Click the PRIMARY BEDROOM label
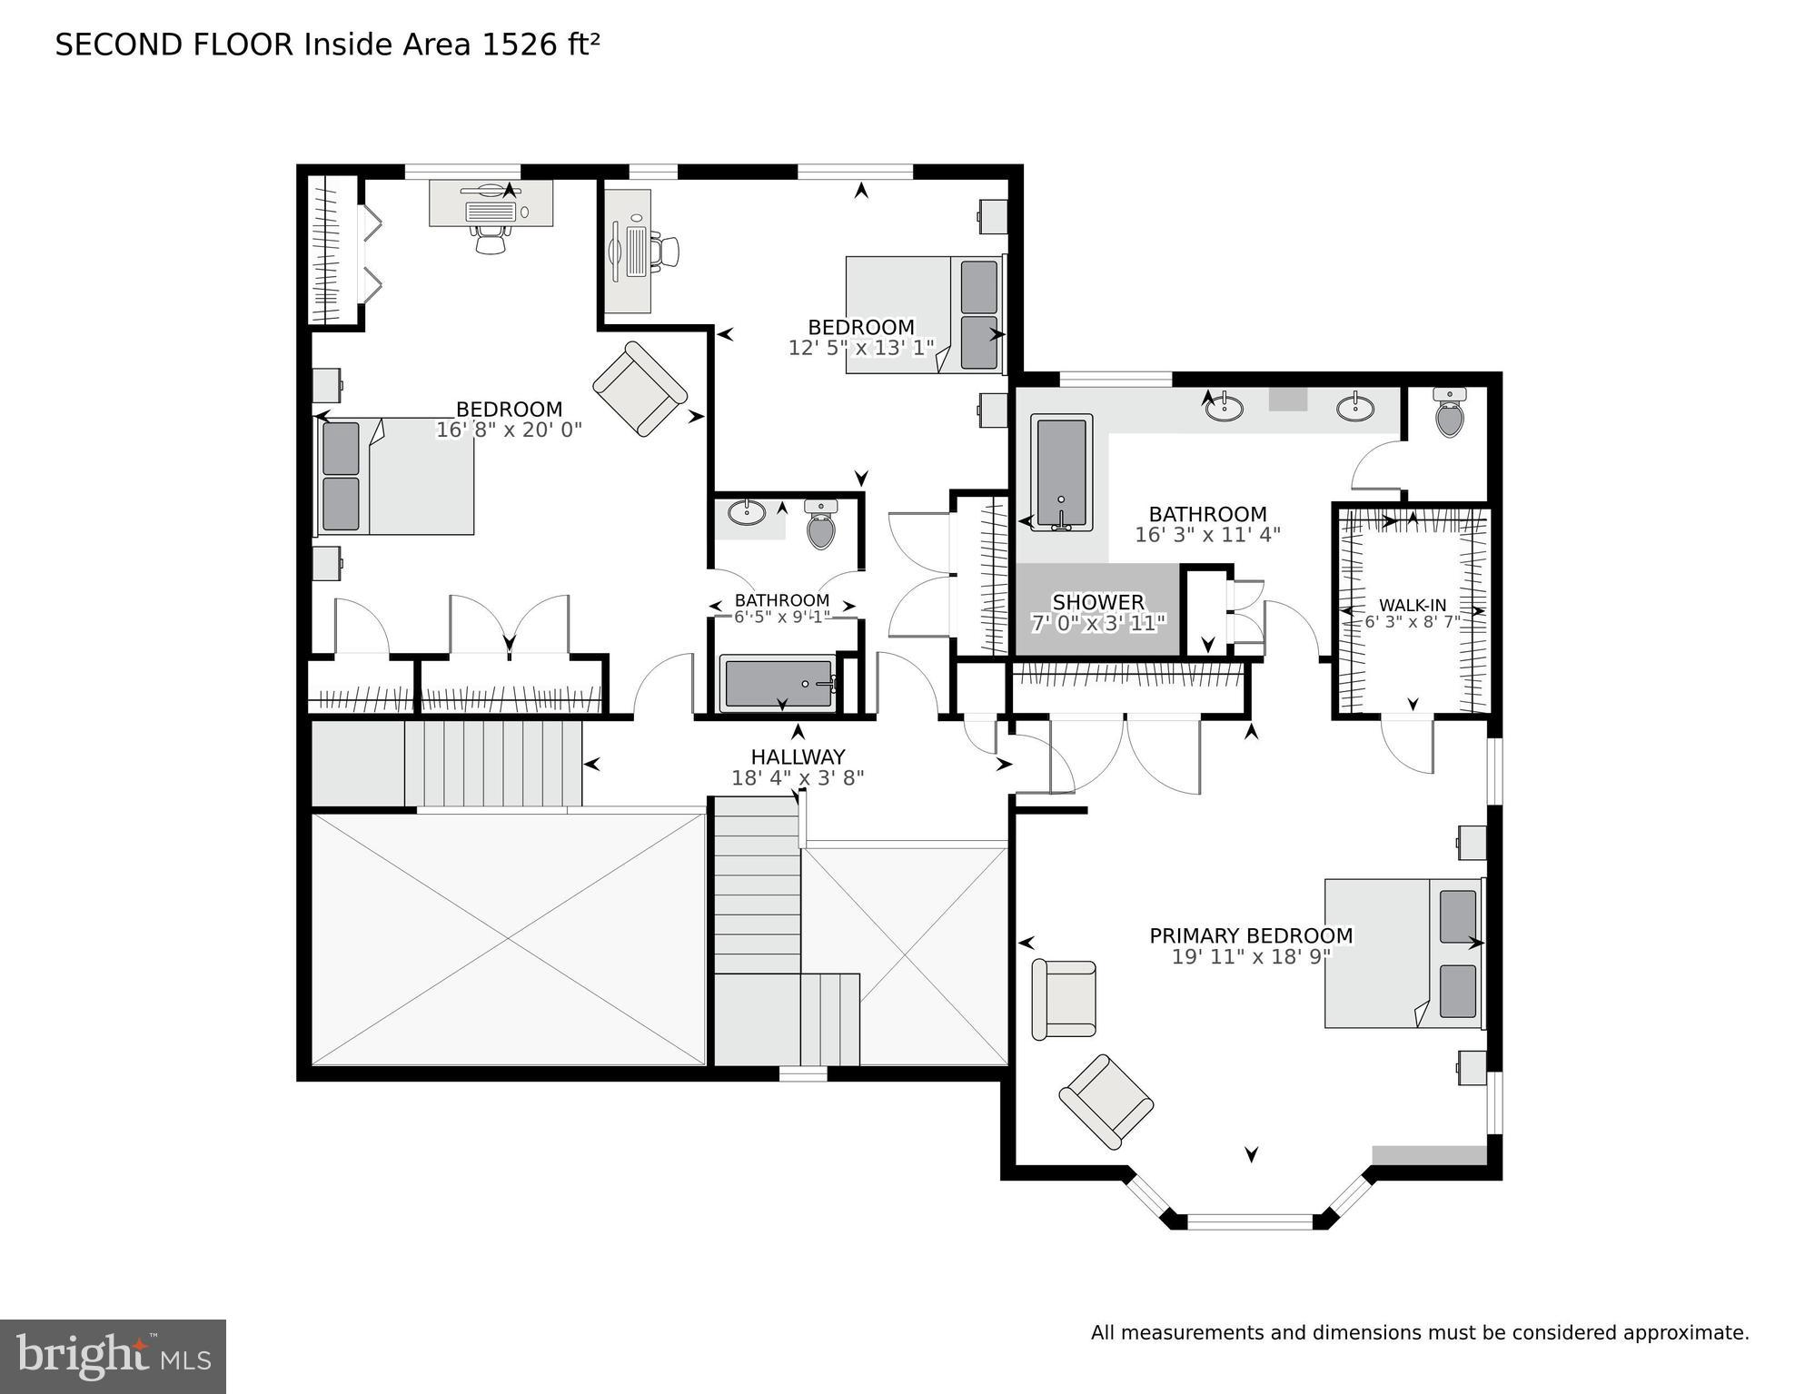click(1250, 935)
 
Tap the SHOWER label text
click(1097, 602)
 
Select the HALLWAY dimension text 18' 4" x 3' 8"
click(797, 778)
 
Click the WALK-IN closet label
click(1412, 606)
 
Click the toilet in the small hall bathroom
click(820, 525)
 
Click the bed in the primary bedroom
click(1403, 953)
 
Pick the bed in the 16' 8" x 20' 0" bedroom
click(395, 476)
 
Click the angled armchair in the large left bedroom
click(640, 389)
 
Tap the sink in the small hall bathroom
click(747, 512)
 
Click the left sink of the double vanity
click(1224, 408)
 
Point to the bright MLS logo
click(113, 1357)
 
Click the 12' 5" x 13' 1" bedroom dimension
click(860, 348)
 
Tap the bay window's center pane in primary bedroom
click(1250, 1221)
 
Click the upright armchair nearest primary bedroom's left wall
click(1064, 999)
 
